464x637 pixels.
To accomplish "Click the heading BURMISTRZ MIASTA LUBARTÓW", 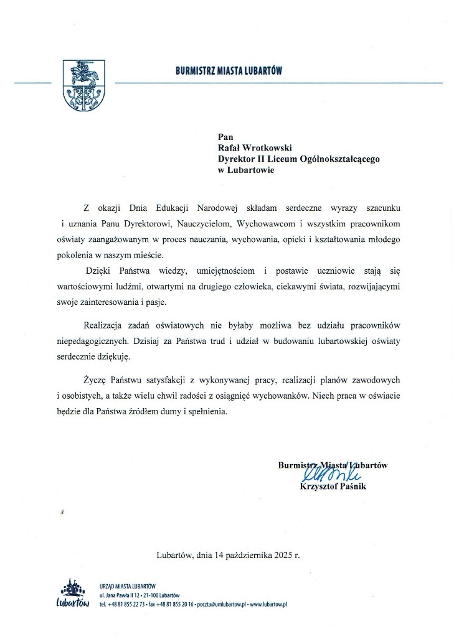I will pos(229,72).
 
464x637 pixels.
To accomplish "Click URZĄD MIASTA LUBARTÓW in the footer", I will pos(128,586).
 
